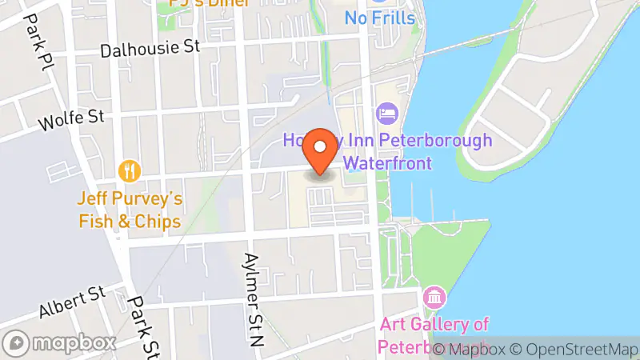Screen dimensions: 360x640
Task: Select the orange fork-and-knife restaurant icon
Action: click(x=129, y=170)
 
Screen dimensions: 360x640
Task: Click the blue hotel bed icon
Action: click(x=389, y=114)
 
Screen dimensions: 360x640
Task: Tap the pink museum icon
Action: click(x=434, y=298)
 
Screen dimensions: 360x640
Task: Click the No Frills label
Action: click(x=380, y=17)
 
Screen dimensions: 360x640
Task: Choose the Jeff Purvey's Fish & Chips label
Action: click(x=130, y=210)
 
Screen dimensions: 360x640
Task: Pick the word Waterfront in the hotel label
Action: click(x=387, y=163)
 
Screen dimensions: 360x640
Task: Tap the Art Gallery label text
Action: click(x=434, y=324)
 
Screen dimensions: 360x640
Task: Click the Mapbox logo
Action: click(x=60, y=342)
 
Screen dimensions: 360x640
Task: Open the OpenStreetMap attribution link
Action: click(x=577, y=349)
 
